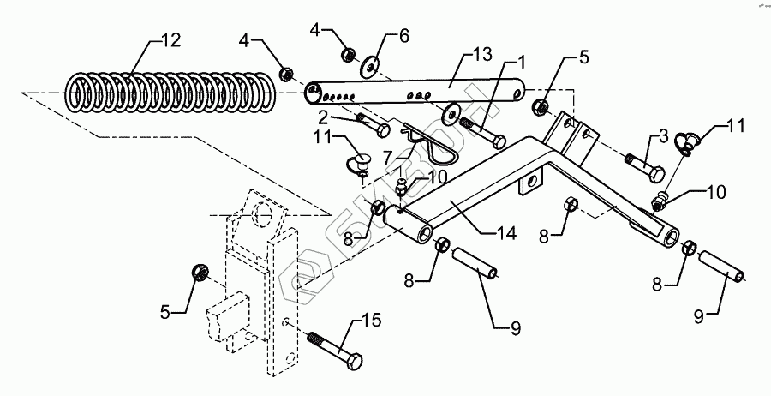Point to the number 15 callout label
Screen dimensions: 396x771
371,321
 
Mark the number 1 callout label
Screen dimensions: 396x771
519,64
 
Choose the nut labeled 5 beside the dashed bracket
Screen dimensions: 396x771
197,273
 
